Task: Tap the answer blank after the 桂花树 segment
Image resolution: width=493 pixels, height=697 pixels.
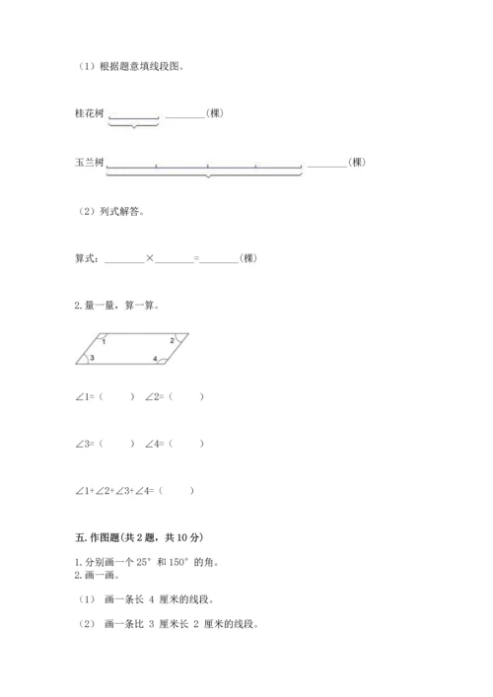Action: pos(185,115)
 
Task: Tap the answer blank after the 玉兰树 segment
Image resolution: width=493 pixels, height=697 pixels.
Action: pos(327,165)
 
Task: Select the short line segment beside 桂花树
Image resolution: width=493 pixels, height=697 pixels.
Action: pos(133,117)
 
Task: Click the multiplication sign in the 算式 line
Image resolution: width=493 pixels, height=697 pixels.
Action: pos(150,258)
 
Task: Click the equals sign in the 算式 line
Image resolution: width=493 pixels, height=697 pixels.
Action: pos(196,258)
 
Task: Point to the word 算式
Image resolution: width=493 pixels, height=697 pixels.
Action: pos(86,258)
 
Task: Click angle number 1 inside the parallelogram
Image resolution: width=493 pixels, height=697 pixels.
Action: pos(104,341)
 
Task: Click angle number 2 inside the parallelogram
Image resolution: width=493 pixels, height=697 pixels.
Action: pos(172,340)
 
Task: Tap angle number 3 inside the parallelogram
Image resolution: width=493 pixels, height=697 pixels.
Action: pos(92,358)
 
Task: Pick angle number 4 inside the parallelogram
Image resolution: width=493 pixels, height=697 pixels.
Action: pos(155,358)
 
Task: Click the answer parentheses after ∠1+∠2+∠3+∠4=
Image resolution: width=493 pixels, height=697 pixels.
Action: pos(176,490)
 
